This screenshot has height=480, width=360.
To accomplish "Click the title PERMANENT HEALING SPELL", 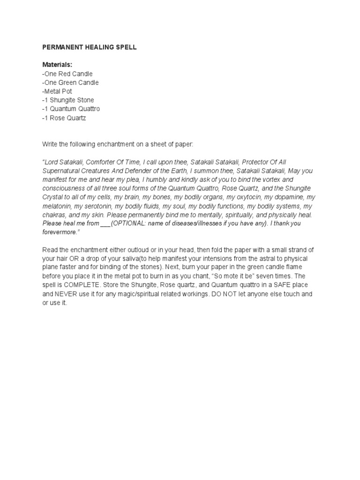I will point(90,48).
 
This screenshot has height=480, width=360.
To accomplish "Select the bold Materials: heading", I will point(58,65).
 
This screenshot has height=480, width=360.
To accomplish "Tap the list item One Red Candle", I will point(67,74).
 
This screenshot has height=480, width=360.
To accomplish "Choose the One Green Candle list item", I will point(70,82).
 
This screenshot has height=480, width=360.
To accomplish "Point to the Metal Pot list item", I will point(57,91).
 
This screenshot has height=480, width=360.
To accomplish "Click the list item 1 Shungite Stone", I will point(68,100).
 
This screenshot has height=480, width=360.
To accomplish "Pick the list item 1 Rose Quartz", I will point(64,118).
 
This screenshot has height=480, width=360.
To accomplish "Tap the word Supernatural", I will point(63,172).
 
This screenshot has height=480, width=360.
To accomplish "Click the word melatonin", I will point(57,207).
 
